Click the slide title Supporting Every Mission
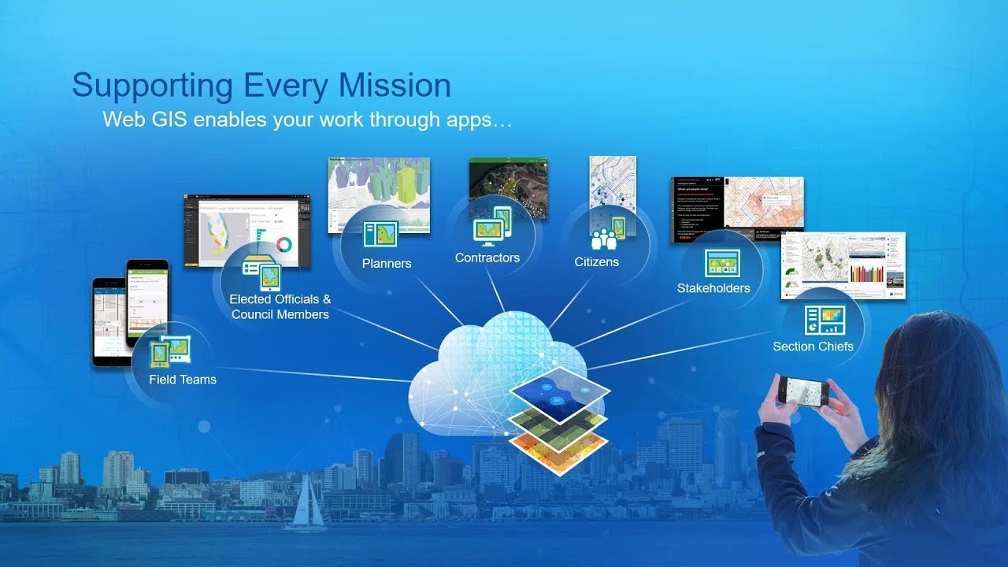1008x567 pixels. point(261,85)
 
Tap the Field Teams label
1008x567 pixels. point(182,380)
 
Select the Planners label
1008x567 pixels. point(387,263)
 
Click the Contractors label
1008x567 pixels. point(487,258)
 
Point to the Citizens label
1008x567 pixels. point(596,261)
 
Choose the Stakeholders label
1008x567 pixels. point(713,288)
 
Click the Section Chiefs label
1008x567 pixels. point(813,346)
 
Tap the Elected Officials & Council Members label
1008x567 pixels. point(280,306)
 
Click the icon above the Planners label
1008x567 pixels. point(380,234)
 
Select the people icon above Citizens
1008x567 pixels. point(604,237)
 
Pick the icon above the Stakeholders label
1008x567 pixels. point(722,263)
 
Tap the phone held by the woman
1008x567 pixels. point(803,391)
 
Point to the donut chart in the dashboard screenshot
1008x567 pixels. point(283,244)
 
